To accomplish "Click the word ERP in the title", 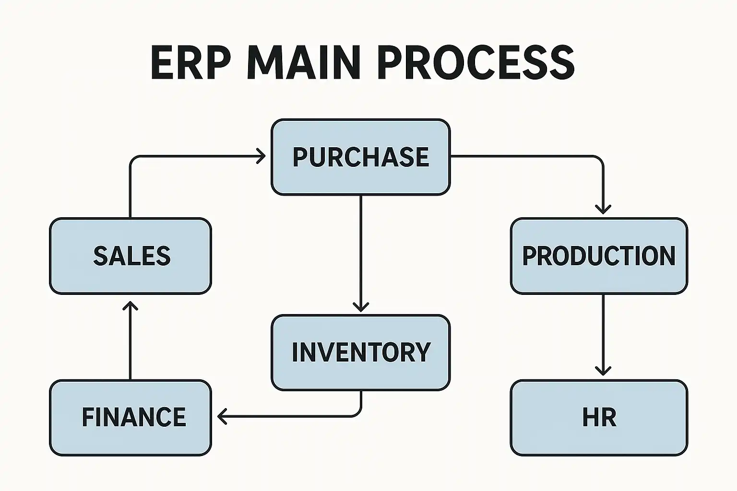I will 188,63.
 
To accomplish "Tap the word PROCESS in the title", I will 476,63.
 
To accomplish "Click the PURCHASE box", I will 360,157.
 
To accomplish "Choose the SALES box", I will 131,256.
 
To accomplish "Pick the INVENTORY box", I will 360,352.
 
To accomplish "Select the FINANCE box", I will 131,417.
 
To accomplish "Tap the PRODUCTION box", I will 599,256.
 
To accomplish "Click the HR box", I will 599,417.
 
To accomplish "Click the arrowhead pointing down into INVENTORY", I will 360,307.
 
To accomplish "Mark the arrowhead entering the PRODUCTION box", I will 603,209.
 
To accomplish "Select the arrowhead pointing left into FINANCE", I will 222,416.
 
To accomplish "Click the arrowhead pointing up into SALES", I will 130,305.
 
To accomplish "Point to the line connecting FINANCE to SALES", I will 130,343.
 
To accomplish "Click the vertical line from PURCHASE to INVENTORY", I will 360,249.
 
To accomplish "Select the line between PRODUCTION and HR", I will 603,331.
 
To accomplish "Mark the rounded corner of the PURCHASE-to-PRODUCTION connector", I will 599,159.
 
